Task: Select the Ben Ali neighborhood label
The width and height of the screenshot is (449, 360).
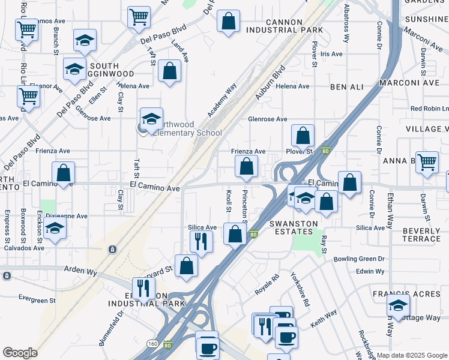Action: click(347, 87)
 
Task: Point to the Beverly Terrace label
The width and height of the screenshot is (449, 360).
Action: click(421, 235)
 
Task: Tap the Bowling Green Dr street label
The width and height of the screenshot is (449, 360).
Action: click(361, 259)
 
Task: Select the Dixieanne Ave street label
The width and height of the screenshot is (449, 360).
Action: click(62, 216)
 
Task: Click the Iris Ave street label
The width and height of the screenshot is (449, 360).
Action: click(331, 54)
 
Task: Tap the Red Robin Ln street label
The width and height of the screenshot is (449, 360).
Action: click(429, 109)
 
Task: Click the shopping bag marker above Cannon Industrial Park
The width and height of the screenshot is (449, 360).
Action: click(228, 22)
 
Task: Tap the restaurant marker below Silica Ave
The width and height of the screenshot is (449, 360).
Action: click(200, 241)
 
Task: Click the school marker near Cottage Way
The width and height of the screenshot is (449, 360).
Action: click(398, 305)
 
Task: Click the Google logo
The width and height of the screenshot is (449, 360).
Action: click(20, 353)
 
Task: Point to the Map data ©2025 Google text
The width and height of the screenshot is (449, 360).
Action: click(411, 355)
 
